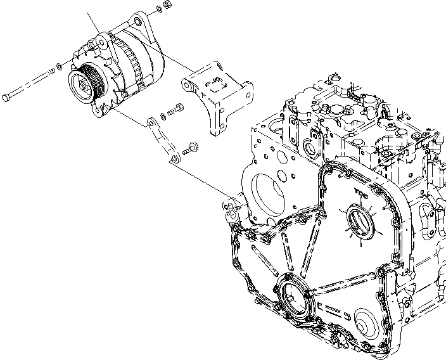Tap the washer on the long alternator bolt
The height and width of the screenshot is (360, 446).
click(58, 65)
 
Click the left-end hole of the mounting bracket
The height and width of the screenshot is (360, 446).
click(188, 80)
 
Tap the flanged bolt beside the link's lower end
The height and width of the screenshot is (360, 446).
click(189, 151)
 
